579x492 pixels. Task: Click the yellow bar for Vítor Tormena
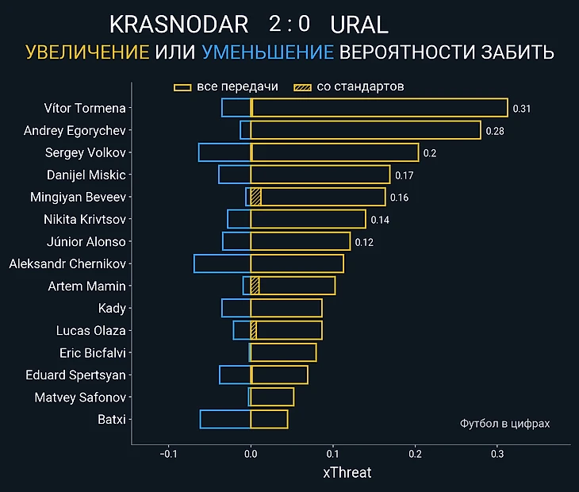[x=379, y=108]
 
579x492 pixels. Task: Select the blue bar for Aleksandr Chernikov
[x=222, y=263]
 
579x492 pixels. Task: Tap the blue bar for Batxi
[x=225, y=419]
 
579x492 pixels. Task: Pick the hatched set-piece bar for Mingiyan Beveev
[x=255, y=197]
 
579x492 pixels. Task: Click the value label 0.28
[x=495, y=131]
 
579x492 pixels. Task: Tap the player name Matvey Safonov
[x=80, y=397]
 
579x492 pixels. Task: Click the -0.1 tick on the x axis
[x=168, y=454]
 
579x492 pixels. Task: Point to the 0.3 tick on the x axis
[x=497, y=454]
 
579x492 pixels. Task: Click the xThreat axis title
[x=347, y=473]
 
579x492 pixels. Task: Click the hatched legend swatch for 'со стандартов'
[x=302, y=86]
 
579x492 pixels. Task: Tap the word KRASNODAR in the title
[x=178, y=25]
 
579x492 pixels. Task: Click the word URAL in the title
[x=359, y=25]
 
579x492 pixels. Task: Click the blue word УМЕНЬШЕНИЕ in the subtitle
[x=267, y=52]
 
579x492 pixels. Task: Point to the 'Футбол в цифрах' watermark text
[x=504, y=424]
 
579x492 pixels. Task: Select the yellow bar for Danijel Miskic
[x=320, y=175]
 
